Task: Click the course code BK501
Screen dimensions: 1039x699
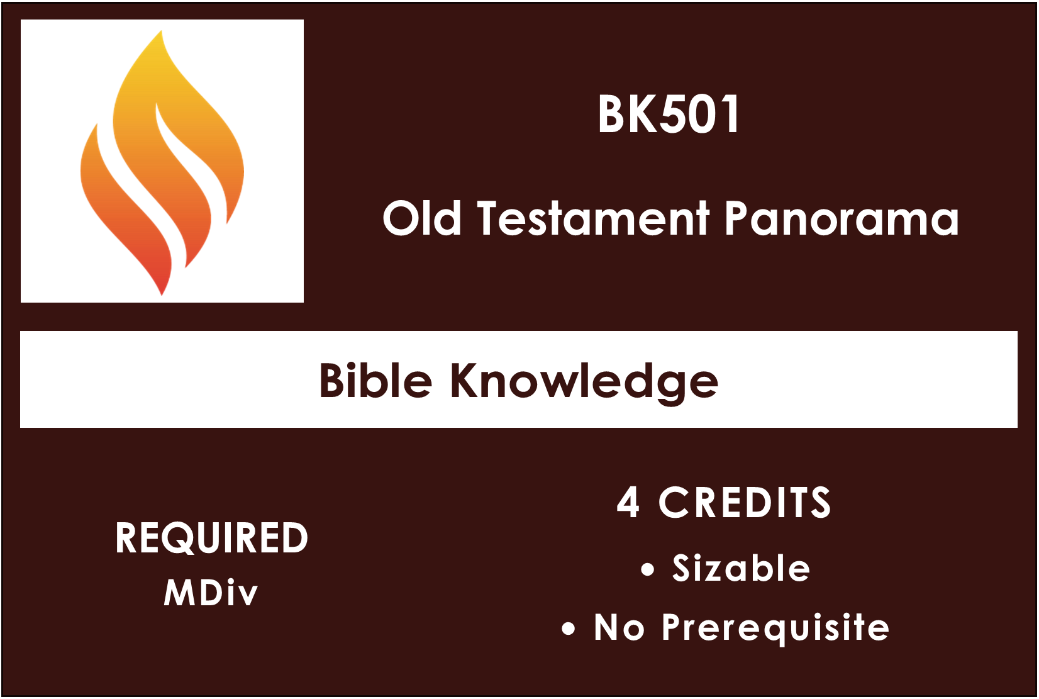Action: (x=668, y=114)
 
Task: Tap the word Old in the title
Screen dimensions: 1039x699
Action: (x=421, y=218)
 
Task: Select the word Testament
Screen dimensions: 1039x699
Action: (x=594, y=218)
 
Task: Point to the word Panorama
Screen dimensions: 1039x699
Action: (x=842, y=218)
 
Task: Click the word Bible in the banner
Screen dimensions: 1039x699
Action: (x=375, y=380)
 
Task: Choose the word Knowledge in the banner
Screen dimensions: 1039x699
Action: (x=584, y=383)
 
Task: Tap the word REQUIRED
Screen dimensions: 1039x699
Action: (x=211, y=538)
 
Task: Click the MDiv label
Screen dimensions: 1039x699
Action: (x=211, y=593)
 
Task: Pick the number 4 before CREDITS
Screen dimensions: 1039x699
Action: (x=628, y=502)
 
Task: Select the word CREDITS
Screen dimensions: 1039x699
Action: (x=745, y=502)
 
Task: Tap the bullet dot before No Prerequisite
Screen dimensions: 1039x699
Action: (x=568, y=629)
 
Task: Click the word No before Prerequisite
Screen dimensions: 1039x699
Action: (x=620, y=627)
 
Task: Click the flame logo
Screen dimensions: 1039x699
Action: (x=162, y=162)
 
